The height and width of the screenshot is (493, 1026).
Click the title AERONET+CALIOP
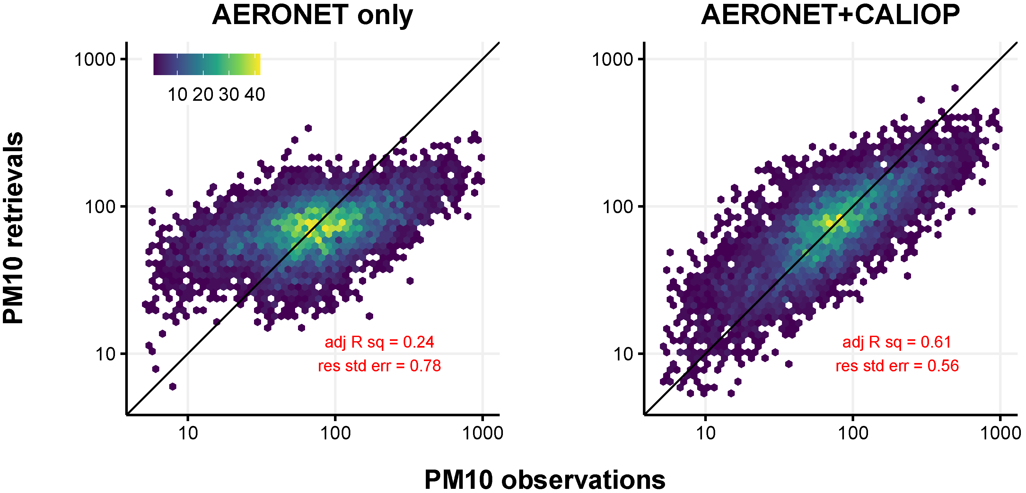pyautogui.click(x=830, y=15)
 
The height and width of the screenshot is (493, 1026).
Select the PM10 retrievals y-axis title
pyautogui.click(x=13, y=228)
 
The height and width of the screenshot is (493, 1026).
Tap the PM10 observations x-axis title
pyautogui.click(x=544, y=480)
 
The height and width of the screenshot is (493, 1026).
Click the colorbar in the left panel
pyautogui.click(x=207, y=64)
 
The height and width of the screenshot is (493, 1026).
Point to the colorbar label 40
pyautogui.click(x=255, y=95)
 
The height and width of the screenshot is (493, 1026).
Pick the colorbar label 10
pyautogui.click(x=177, y=95)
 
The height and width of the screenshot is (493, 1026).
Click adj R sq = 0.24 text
pyautogui.click(x=379, y=342)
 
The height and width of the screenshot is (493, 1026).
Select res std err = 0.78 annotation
pyautogui.click(x=379, y=366)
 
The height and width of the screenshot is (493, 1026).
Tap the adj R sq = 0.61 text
pyautogui.click(x=897, y=342)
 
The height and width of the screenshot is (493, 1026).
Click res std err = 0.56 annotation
pyautogui.click(x=897, y=366)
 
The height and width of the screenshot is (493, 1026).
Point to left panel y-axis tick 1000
pyautogui.click(x=95, y=60)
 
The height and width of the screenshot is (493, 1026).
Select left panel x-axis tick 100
pyautogui.click(x=335, y=433)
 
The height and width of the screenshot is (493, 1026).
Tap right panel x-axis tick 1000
pyautogui.click(x=1000, y=433)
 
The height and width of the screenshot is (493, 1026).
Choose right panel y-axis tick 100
pyautogui.click(x=617, y=207)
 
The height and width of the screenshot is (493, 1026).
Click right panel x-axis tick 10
pyautogui.click(x=706, y=433)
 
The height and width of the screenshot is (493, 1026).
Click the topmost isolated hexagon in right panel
pyautogui.click(x=955, y=88)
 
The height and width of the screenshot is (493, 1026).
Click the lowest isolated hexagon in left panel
pyautogui.click(x=172, y=386)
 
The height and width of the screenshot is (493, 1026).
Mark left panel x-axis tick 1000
pyautogui.click(x=482, y=433)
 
